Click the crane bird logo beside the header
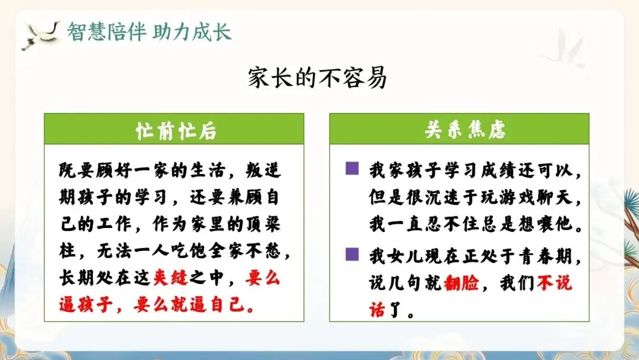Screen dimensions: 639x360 (41, 35)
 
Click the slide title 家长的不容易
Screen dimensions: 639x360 (317, 78)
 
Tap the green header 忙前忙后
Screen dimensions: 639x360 (176, 131)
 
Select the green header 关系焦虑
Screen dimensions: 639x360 (464, 130)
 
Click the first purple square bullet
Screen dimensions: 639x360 (352, 168)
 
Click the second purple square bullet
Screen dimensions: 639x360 (352, 254)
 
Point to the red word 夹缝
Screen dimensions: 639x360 (171, 278)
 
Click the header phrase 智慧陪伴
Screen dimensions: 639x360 (106, 32)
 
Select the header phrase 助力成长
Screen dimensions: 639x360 (192, 32)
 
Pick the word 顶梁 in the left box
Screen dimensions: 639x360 (263, 224)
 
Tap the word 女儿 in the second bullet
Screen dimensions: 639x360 (405, 256)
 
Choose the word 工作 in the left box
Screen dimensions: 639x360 (114, 224)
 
